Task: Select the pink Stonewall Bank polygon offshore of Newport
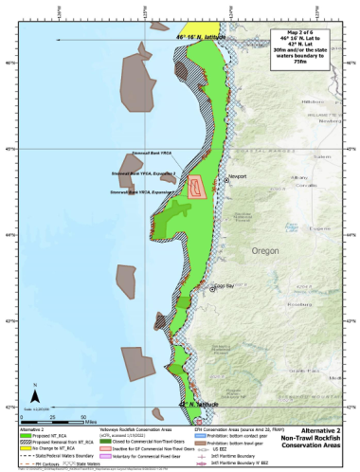198,187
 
